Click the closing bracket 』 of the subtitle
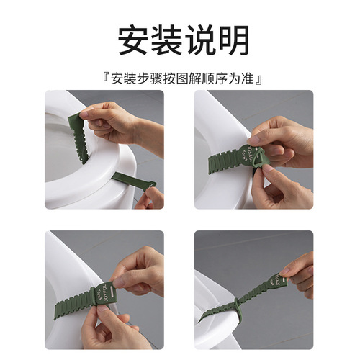[x=256, y=76]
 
